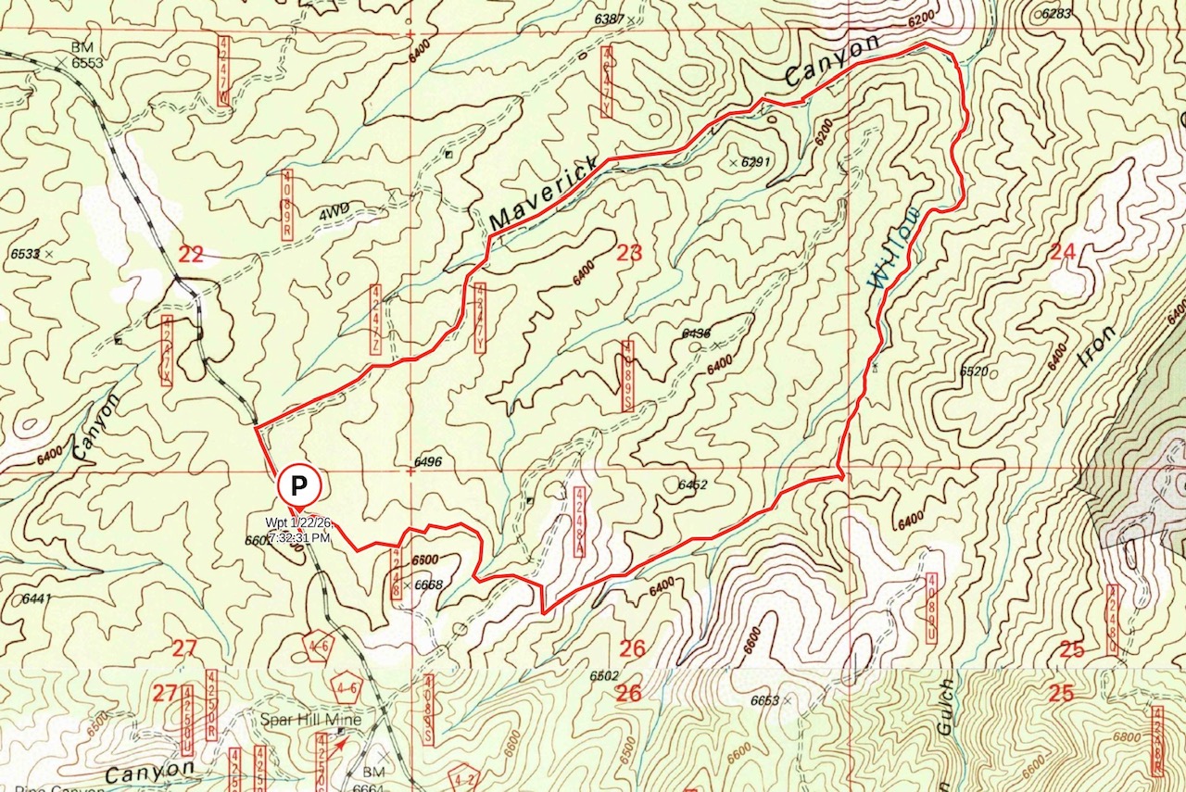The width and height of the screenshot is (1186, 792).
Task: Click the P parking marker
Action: tap(298, 484)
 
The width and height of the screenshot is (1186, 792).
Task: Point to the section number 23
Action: tap(629, 251)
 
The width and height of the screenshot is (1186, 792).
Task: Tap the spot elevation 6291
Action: tap(755, 162)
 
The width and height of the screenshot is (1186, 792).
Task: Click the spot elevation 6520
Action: tap(974, 371)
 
